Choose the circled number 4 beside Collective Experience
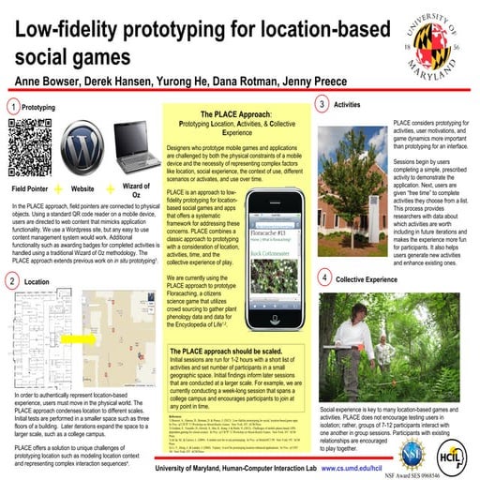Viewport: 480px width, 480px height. (323, 279)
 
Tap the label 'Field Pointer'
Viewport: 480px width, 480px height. (30, 187)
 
